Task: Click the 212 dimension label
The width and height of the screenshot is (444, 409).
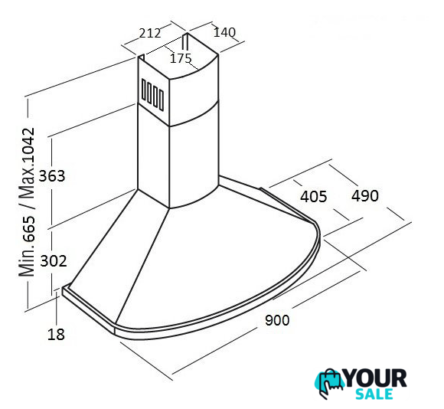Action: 150,33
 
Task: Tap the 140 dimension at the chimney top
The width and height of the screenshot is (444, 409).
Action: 224,32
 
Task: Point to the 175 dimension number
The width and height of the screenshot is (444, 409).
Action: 181,58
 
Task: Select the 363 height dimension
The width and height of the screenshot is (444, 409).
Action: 52,176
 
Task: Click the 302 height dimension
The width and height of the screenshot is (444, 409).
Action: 54,261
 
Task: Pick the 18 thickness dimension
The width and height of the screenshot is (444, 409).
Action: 56,334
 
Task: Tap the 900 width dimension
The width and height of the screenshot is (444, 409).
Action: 277,320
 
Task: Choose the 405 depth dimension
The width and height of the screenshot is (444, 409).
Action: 313,197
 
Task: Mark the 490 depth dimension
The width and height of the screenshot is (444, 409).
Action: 365,196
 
